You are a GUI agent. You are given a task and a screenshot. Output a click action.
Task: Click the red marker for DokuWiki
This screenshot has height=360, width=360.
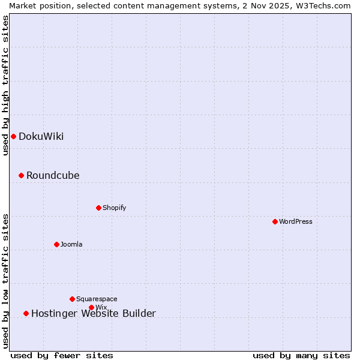click(13, 136)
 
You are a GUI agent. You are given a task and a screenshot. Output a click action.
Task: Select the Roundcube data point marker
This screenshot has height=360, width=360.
click(21, 175)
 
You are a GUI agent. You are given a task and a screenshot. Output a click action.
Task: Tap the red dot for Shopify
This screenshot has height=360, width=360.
click(98, 208)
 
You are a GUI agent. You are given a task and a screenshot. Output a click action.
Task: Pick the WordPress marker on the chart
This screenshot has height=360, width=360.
click(275, 221)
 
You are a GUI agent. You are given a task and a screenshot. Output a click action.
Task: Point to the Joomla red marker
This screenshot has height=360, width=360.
click(56, 244)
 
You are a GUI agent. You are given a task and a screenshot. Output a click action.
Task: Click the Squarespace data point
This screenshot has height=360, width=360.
click(72, 299)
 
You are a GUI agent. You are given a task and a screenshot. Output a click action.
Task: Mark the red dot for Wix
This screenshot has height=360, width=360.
click(91, 307)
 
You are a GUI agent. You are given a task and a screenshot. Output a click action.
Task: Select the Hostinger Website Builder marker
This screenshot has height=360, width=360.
click(26, 313)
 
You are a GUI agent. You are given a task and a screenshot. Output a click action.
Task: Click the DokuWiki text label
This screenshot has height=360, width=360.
click(41, 136)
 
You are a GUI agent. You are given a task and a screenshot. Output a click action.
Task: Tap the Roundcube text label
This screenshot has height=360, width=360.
click(53, 175)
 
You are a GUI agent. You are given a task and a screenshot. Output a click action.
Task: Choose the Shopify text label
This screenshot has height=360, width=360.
click(114, 208)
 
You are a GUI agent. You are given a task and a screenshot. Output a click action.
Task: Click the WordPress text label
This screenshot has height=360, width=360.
click(295, 221)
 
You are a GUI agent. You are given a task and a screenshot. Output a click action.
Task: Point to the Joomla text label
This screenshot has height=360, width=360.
click(71, 244)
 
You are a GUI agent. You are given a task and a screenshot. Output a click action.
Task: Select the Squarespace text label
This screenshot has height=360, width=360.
click(97, 299)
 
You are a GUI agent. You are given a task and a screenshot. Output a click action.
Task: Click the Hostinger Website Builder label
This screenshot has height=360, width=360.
click(93, 313)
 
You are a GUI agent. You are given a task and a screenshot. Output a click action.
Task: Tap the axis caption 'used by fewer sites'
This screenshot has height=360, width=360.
click(62, 355)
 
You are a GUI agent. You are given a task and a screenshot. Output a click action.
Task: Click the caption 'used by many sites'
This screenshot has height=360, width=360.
click(301, 355)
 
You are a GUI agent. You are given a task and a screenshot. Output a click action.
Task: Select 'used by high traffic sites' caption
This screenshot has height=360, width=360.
click(5, 85)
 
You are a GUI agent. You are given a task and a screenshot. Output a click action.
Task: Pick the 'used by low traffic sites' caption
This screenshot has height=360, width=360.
click(5, 281)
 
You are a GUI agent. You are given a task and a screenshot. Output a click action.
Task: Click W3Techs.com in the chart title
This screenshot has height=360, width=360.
click(326, 5)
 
